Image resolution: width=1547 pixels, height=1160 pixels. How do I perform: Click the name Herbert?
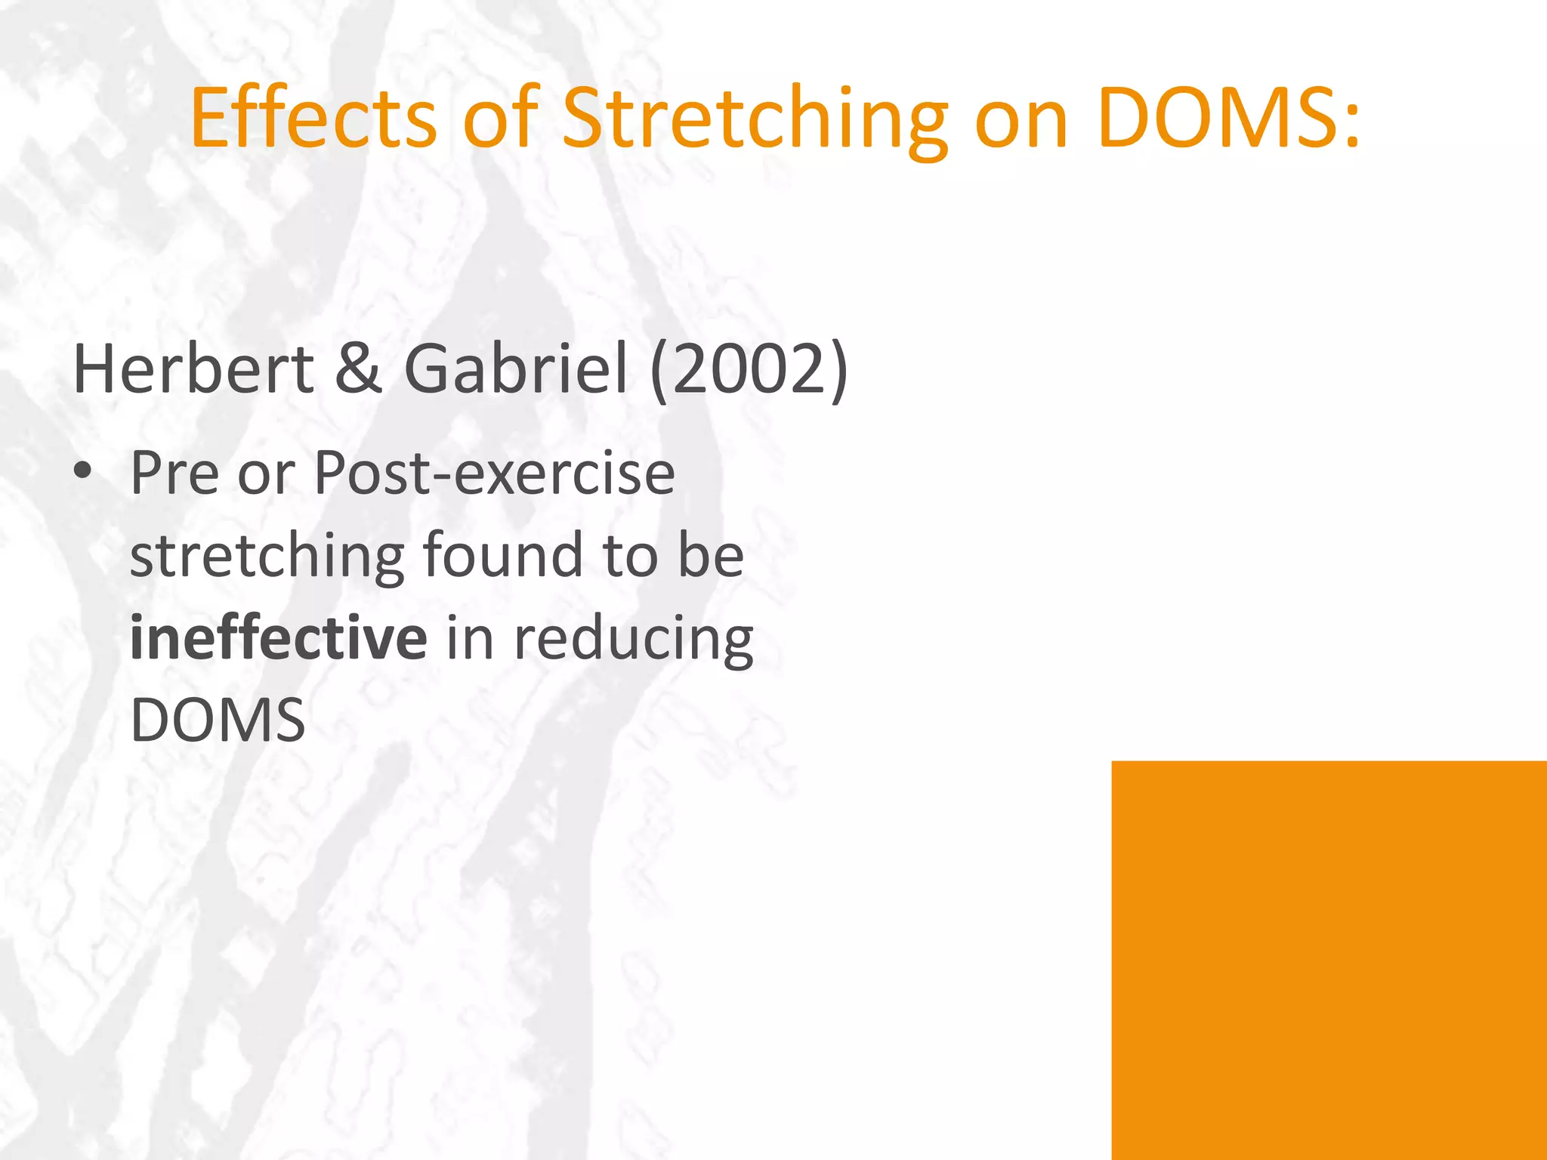click(x=193, y=370)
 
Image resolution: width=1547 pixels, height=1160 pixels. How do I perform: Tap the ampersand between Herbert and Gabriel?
click(x=358, y=370)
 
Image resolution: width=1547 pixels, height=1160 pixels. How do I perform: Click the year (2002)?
click(x=749, y=370)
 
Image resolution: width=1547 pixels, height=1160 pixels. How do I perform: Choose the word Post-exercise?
click(x=494, y=473)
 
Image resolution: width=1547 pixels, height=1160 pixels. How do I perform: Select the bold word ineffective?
click(x=278, y=638)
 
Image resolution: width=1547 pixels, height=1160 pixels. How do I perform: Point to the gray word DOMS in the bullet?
click(x=218, y=721)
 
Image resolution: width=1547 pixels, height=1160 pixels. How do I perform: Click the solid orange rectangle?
click(x=1329, y=959)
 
